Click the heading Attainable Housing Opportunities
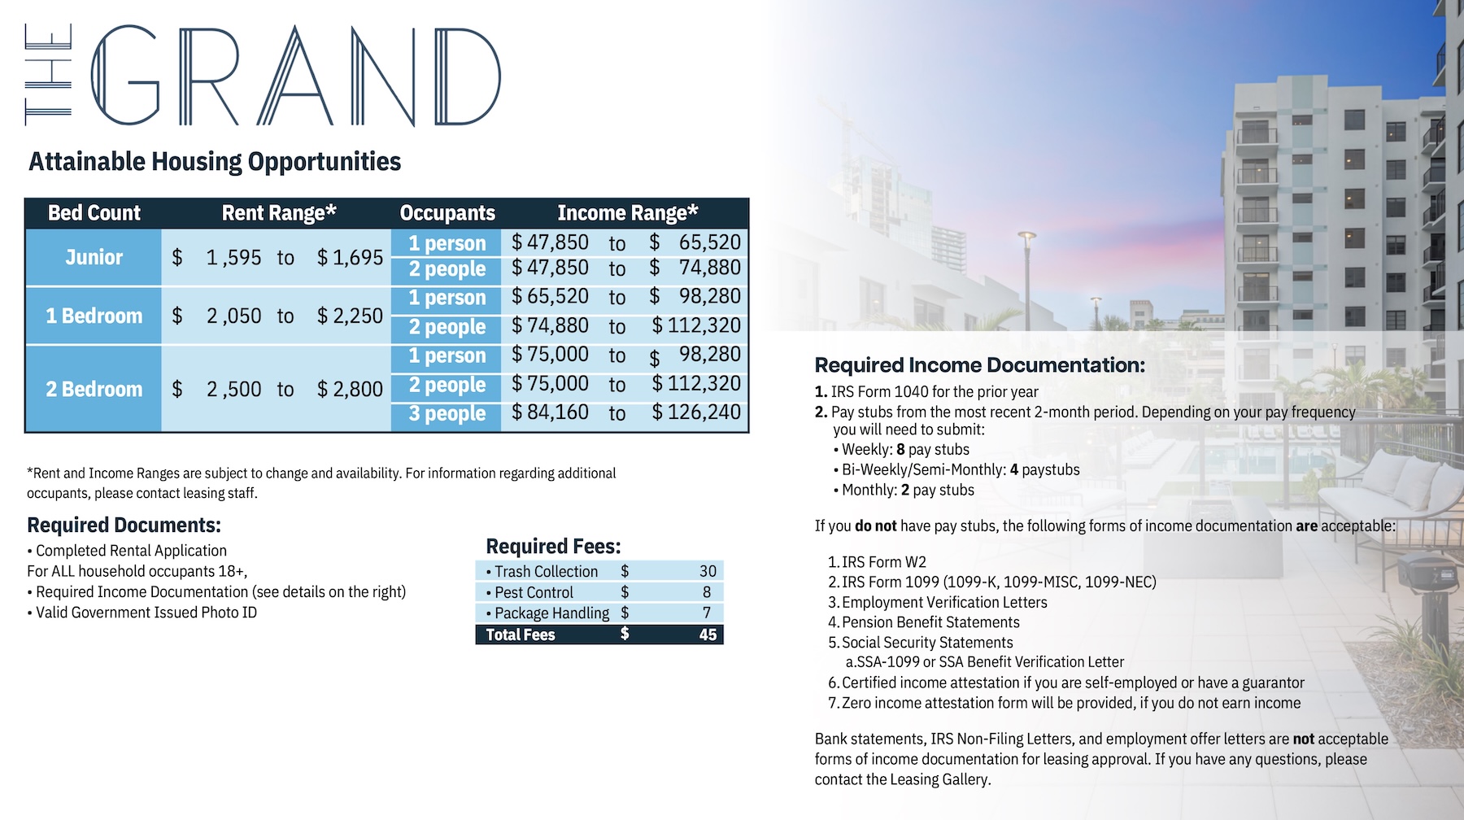(x=215, y=162)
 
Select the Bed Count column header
(x=94, y=213)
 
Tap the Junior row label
(x=94, y=257)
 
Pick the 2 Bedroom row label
(x=94, y=389)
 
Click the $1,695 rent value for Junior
(x=350, y=258)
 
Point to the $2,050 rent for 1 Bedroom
(x=233, y=316)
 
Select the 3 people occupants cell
(x=447, y=413)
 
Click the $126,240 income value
(x=696, y=412)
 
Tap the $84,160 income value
(x=550, y=412)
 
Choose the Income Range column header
(x=627, y=213)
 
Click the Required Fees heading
(x=553, y=546)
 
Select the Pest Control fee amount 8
(x=707, y=592)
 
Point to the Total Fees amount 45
(x=708, y=635)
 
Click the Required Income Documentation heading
(x=979, y=365)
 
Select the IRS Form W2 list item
(x=883, y=562)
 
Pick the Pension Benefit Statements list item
(x=930, y=622)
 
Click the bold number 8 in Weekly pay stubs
(x=900, y=450)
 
